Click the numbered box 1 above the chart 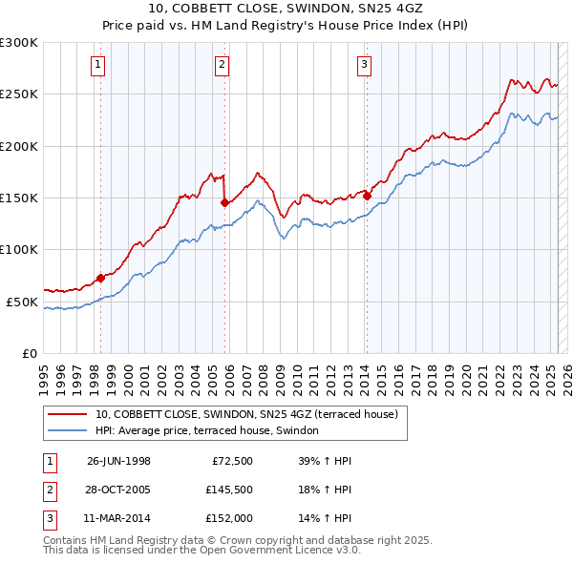click(x=99, y=65)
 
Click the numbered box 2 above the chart click(x=222, y=65)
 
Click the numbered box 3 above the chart click(x=365, y=65)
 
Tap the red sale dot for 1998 click(x=100, y=279)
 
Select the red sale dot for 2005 click(x=223, y=202)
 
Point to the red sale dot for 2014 click(x=367, y=196)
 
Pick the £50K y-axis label click(x=22, y=302)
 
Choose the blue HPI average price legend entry click(x=212, y=431)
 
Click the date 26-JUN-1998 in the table click(x=118, y=460)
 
